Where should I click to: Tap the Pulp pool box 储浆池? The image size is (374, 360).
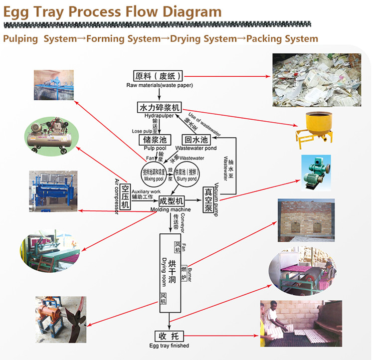(155, 141)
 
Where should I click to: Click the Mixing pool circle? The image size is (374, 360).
(156, 173)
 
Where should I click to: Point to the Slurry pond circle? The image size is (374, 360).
(187, 173)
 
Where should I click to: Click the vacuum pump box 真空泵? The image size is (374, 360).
(208, 200)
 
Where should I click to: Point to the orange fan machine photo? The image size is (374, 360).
(56, 318)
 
